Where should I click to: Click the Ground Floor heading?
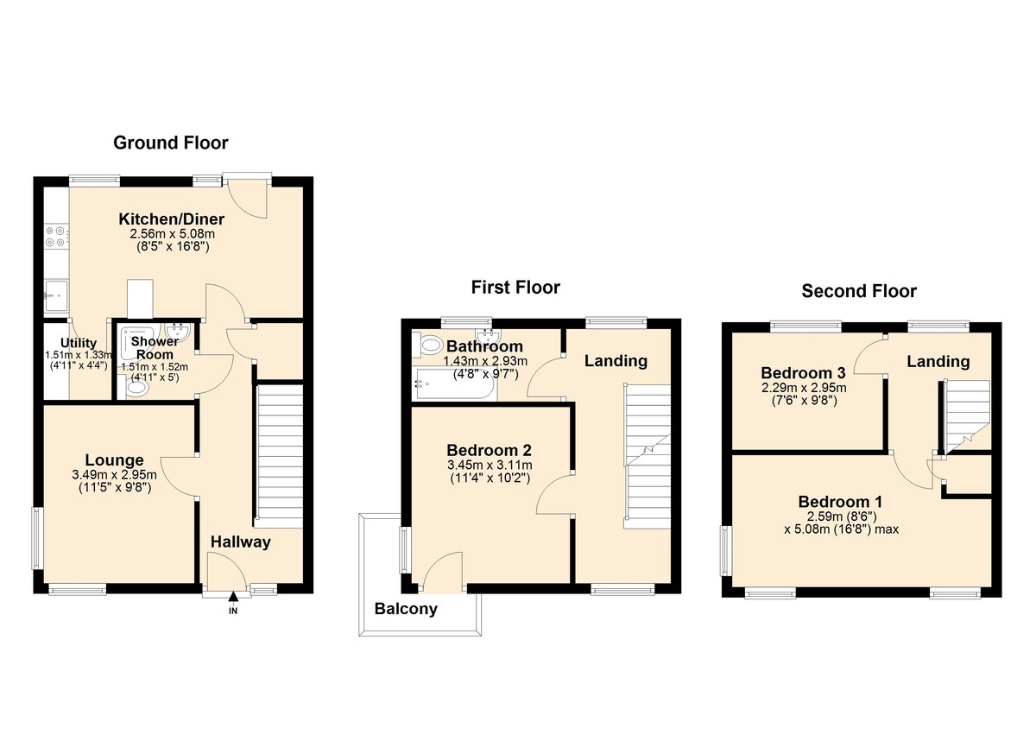(171, 143)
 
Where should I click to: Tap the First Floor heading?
(515, 287)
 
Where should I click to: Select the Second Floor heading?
(859, 291)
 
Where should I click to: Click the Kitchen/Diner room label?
(165, 219)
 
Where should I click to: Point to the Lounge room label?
(114, 460)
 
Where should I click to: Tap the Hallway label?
(241, 542)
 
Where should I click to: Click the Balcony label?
(406, 609)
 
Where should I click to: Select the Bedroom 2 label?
(489, 450)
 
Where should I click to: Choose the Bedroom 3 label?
(803, 373)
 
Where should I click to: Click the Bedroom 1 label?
(840, 502)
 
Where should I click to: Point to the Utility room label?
(78, 344)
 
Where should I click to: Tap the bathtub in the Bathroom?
(454, 386)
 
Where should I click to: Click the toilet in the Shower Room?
(136, 390)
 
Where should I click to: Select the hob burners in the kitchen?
(55, 238)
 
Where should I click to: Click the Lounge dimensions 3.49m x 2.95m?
(114, 474)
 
